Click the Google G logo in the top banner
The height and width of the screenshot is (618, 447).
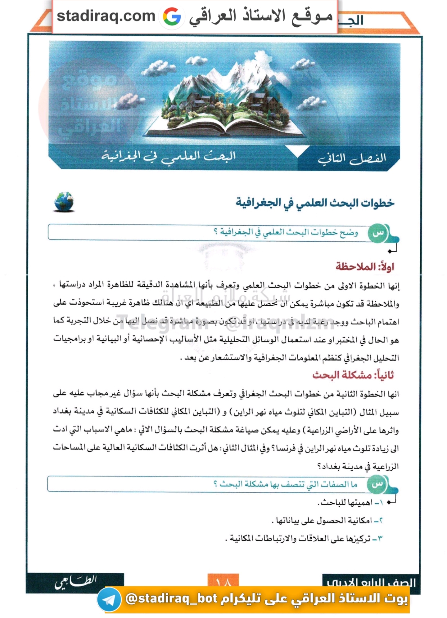click(x=172, y=16)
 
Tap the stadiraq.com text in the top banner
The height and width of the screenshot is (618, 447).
click(x=106, y=16)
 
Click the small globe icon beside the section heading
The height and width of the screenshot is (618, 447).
click(x=64, y=202)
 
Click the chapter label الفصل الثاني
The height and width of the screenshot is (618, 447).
click(x=352, y=159)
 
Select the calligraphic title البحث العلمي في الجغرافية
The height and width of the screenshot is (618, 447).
click(x=169, y=156)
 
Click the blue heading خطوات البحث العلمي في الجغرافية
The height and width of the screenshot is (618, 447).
click(x=315, y=203)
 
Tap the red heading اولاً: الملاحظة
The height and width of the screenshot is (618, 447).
click(x=365, y=266)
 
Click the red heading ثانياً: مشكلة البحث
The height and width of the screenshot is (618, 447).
click(x=353, y=375)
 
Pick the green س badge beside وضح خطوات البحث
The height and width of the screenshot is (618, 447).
click(x=378, y=233)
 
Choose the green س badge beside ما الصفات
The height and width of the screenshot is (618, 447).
click(x=377, y=484)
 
